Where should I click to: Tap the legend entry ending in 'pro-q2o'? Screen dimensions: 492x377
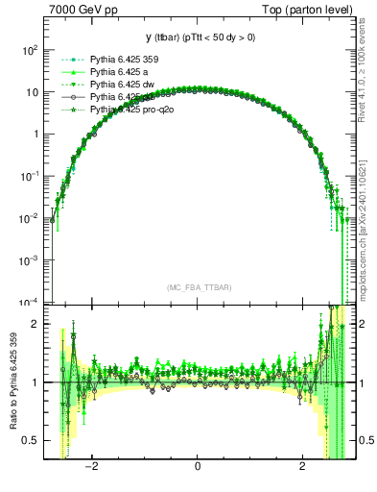click(129, 111)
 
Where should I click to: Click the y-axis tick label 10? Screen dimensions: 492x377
click(33, 91)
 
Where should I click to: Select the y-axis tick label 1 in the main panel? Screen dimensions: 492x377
click(36, 134)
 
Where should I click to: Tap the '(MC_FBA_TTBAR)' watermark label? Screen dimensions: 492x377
click(198, 286)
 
